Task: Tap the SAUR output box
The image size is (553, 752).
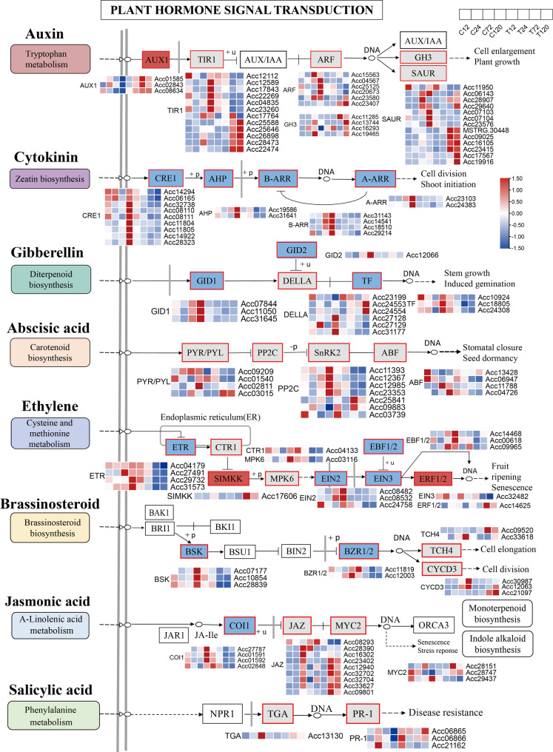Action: pos(419,74)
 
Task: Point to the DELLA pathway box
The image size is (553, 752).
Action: pos(297,281)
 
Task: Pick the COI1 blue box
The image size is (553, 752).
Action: pos(241,624)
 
